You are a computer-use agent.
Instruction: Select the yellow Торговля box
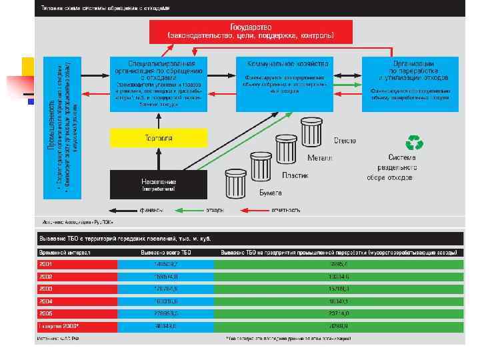tap(158, 138)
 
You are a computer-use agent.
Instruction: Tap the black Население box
tap(158, 183)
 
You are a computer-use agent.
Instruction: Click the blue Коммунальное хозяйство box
tap(287, 83)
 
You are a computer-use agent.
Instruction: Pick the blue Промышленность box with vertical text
tap(62, 127)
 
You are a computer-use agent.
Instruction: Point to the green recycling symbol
tap(415, 142)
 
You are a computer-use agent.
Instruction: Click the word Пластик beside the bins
tap(295, 175)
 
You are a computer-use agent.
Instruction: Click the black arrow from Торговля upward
tap(158, 120)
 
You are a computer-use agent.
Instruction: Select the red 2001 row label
tap(77, 264)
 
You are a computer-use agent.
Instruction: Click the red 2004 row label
tap(77, 301)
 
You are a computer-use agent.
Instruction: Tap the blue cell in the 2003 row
tap(166, 289)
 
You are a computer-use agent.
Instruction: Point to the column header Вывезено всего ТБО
tap(166, 253)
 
